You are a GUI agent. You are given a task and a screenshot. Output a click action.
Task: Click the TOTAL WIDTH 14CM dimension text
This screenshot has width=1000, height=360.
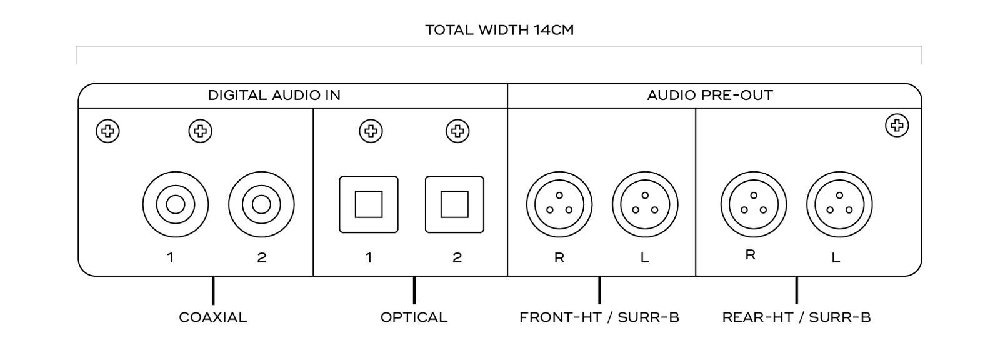[x=499, y=30]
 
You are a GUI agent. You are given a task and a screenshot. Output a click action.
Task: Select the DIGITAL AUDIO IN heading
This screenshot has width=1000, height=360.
[x=274, y=96]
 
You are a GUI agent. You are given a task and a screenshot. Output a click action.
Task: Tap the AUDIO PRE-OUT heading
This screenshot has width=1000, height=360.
[x=710, y=96]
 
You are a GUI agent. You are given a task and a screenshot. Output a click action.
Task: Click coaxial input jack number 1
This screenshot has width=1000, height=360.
[x=175, y=204]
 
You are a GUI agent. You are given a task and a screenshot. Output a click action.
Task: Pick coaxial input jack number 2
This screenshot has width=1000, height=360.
[x=261, y=204]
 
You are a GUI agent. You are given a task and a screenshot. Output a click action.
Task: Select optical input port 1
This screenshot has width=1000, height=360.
[x=369, y=204]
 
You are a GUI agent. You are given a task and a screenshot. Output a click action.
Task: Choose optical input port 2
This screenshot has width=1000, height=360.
[x=454, y=204]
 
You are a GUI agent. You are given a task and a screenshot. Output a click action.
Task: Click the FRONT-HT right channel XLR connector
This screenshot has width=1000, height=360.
[x=559, y=204]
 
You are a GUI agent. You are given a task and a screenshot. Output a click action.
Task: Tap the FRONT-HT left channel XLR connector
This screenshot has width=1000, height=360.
[x=645, y=204]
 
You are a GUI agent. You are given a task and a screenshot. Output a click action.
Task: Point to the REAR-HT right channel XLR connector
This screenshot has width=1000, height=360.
[x=753, y=204]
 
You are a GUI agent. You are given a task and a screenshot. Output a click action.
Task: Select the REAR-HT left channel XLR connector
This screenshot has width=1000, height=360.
[x=839, y=204]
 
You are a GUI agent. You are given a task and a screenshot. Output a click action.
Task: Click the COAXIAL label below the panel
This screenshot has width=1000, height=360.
[x=213, y=317]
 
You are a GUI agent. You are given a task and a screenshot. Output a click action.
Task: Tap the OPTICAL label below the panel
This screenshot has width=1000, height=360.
[x=414, y=317]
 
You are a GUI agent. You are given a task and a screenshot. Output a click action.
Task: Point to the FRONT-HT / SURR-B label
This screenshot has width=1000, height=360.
[x=599, y=317]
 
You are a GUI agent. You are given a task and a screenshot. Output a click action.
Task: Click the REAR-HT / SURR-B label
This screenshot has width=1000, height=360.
[x=796, y=317]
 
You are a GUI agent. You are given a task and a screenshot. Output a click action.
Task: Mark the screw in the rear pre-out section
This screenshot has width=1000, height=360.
[x=897, y=126]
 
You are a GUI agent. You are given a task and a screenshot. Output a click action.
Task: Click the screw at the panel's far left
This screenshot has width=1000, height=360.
[x=107, y=131]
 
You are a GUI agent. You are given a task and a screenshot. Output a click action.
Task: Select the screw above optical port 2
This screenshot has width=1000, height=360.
[x=457, y=131]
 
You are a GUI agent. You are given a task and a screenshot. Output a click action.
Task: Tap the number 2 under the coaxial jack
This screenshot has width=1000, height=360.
[x=262, y=257]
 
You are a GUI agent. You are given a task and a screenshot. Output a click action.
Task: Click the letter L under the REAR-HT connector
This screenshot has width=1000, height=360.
[x=836, y=257]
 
